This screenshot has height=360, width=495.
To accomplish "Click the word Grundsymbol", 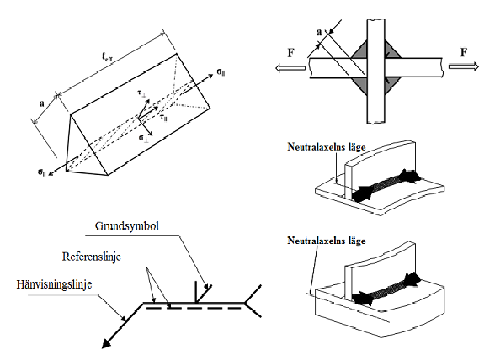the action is (127, 226).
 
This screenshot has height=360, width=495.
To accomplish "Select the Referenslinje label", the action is (92, 257).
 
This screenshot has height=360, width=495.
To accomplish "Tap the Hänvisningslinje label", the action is (54, 284).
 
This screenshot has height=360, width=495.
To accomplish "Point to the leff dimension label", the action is (108, 56).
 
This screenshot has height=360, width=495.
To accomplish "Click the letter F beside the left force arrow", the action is (291, 53).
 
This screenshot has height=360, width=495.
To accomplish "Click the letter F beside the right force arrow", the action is (463, 52).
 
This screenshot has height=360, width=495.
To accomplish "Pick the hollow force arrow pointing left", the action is (290, 67).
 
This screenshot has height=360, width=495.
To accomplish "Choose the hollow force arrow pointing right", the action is (464, 66).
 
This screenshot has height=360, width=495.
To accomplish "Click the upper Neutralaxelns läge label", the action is (327, 146).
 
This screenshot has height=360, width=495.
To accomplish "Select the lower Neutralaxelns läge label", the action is (327, 241).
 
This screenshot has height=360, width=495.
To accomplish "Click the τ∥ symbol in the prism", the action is (163, 118).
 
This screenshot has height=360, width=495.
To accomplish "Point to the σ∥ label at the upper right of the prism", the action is (221, 72).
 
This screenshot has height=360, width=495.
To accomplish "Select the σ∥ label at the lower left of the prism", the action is (42, 172).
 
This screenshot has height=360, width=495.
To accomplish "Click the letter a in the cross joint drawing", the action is (319, 32).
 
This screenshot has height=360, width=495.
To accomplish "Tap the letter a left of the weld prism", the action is (42, 103).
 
